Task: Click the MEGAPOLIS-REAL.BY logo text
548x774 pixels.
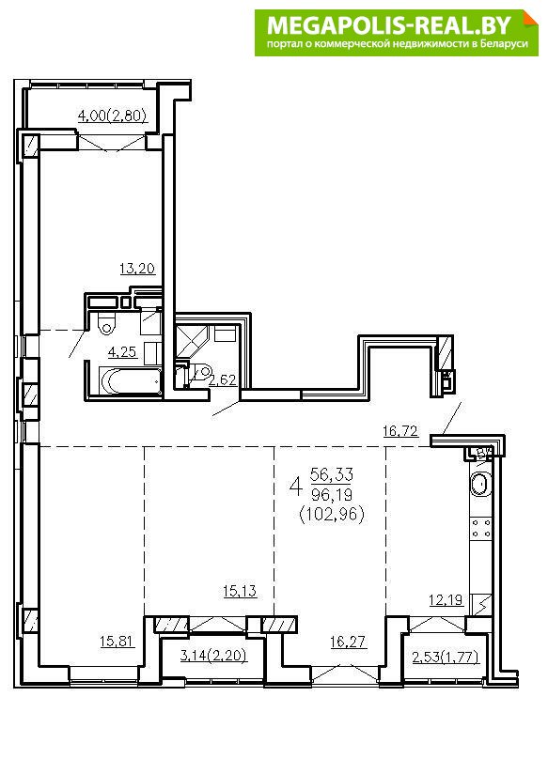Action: [x=388, y=24]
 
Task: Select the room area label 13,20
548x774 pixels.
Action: [x=137, y=269]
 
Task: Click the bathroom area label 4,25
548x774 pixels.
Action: [x=122, y=352]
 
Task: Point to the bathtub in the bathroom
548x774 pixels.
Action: [x=131, y=380]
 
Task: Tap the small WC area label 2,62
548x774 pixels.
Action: [x=223, y=380]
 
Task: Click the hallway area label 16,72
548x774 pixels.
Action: [x=400, y=431]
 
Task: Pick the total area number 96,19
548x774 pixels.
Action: [x=332, y=495]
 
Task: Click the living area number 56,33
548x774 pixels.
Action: [x=332, y=475]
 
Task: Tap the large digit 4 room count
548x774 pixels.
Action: [x=296, y=487]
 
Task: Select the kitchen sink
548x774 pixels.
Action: [x=479, y=484]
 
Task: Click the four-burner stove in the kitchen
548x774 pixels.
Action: [x=481, y=528]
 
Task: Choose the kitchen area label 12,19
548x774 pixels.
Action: [x=446, y=599]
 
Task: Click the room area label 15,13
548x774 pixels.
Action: [x=240, y=591]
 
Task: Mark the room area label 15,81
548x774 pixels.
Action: [x=117, y=642]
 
